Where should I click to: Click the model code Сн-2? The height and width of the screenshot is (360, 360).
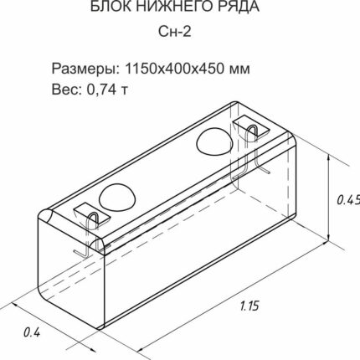click(175, 32)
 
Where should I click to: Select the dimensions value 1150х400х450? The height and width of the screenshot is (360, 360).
click(175, 69)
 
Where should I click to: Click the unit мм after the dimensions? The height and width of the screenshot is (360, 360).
click(239, 70)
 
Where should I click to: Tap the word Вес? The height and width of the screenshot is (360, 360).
click(67, 89)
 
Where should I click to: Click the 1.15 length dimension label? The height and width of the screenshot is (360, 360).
click(249, 306)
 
